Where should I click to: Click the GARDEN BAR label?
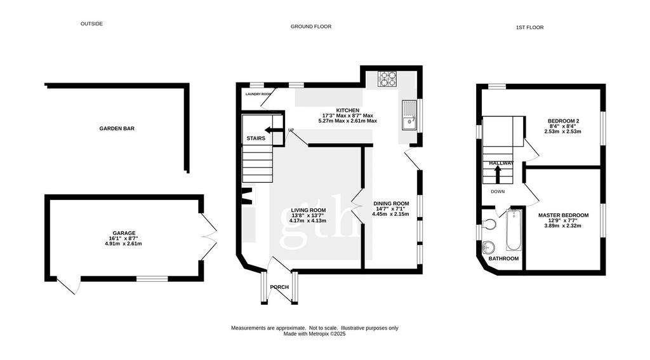click(x=117, y=128)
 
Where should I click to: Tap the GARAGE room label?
click(x=124, y=233)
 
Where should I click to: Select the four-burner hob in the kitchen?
click(x=387, y=79)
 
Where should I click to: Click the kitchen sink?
click(x=409, y=115)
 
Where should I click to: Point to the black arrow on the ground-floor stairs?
click(x=273, y=130)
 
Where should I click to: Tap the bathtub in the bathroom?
click(x=514, y=230)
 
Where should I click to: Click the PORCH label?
click(x=279, y=287)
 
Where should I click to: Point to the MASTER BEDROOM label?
click(x=564, y=215)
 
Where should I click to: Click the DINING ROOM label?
click(x=391, y=204)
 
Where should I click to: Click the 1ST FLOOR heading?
click(x=530, y=27)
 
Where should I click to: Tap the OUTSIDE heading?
click(x=91, y=23)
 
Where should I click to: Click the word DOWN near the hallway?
click(x=498, y=192)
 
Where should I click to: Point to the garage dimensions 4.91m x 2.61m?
click(x=124, y=244)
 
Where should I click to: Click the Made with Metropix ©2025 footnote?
click(x=315, y=333)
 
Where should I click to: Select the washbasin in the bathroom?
click(x=489, y=247)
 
